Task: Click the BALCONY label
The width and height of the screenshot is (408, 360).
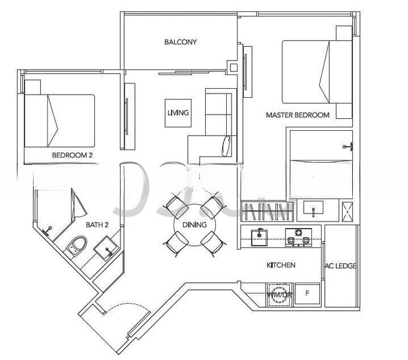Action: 181,42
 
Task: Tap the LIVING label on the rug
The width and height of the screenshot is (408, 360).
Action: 178,113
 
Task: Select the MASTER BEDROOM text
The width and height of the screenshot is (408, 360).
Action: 298,115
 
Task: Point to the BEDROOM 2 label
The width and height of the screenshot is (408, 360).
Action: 72,155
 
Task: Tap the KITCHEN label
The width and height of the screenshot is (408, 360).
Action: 281,265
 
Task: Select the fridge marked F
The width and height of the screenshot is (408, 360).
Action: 308,294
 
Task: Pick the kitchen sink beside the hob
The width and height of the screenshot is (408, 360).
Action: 259,236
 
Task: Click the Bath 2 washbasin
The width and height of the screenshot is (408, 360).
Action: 107,247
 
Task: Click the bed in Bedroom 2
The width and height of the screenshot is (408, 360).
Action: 59,120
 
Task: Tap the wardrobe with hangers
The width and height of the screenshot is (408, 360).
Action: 268,212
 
